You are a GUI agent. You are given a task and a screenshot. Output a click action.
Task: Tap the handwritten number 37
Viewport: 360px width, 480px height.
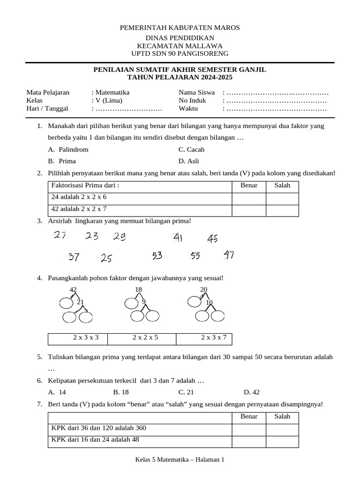(74, 257)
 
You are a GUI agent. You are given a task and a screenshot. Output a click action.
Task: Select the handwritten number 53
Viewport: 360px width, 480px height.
(157, 256)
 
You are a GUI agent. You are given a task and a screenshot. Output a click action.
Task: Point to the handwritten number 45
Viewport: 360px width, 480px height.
(212, 240)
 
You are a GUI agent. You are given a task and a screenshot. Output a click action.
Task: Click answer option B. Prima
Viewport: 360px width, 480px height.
(62, 161)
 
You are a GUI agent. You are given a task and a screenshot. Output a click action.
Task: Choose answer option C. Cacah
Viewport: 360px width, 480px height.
(191, 150)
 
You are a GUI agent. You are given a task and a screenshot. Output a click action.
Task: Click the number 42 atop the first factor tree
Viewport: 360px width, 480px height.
(73, 290)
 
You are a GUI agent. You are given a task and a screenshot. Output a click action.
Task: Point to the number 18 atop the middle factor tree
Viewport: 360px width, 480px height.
(138, 290)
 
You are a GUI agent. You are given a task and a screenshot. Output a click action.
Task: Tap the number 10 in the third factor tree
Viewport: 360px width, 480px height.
(209, 302)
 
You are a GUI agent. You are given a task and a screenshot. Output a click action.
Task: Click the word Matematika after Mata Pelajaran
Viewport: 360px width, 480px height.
(112, 92)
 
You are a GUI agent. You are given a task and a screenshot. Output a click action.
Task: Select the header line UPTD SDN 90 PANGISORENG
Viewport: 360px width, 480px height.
(180, 53)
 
